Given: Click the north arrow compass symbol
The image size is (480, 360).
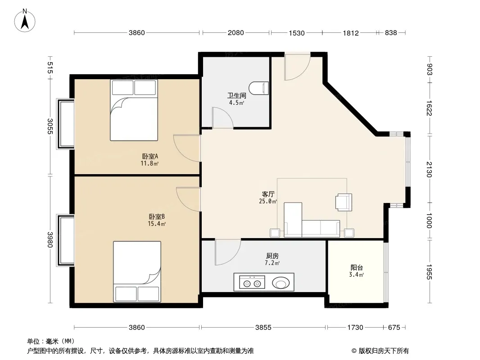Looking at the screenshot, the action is pos(25,20).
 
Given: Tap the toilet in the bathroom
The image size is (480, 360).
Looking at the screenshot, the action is pos(258,88).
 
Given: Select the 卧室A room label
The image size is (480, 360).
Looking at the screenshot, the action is pos(149,156).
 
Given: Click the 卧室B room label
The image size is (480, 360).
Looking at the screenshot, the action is pos(157,216).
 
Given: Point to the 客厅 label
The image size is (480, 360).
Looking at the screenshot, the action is pos(268,194).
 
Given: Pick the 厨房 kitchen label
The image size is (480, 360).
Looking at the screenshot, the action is pos(272,256).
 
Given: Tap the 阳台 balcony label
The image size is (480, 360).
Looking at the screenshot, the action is pos(357,268).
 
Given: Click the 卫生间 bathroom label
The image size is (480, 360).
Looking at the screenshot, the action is pos(237,95).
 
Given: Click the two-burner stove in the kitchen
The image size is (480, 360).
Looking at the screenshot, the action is pos(252,282).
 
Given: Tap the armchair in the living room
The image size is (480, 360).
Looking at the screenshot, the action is pos(344,202).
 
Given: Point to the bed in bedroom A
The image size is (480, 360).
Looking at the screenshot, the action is pos(134,110).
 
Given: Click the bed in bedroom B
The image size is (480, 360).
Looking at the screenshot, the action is pos(137,272).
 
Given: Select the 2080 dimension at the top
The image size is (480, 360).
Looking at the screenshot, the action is pos(235,33).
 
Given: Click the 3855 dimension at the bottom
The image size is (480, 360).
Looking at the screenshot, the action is pos(263,328).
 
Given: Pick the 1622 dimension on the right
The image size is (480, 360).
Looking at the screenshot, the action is pos(429,108).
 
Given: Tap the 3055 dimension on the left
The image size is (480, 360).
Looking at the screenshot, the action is pos(50,126).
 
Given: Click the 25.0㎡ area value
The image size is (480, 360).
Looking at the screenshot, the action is pos(268,201).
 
